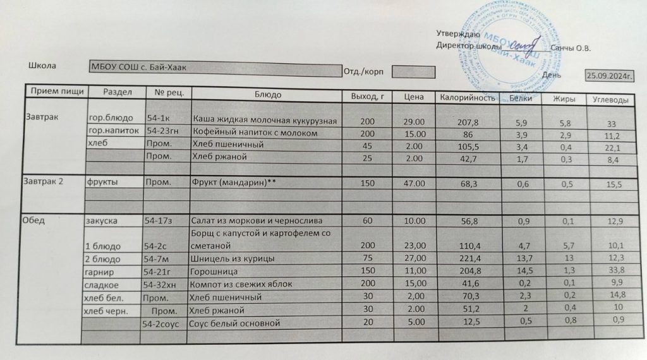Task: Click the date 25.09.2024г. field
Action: (610, 76)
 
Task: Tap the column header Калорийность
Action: (466, 98)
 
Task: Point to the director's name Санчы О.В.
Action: (571, 47)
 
